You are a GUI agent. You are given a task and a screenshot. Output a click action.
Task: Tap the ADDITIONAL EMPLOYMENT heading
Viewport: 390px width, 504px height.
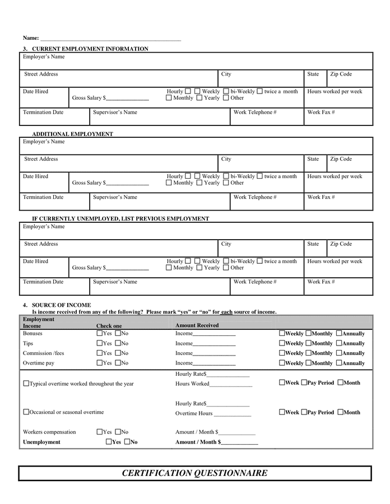pos(72,134)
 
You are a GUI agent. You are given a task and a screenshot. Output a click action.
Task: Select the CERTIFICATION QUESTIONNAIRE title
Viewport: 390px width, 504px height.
pos(194,473)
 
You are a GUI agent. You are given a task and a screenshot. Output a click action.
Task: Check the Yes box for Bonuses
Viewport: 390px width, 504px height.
pos(99,333)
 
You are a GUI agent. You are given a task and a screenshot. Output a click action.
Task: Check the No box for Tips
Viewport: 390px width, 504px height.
pos(118,343)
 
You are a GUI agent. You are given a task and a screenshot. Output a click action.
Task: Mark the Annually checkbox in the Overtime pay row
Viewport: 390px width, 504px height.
pos(339,363)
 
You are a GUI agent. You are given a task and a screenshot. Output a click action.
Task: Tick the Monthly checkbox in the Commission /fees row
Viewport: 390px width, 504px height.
pos(308,353)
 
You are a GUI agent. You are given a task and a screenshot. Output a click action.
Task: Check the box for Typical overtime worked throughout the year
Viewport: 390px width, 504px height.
pos(26,384)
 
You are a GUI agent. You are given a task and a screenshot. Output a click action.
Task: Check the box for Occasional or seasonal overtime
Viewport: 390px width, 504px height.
pos(26,412)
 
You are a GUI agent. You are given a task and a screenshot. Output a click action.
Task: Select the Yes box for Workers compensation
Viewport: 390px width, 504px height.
pos(99,432)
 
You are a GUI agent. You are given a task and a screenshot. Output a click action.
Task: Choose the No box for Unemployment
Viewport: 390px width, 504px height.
pos(127,442)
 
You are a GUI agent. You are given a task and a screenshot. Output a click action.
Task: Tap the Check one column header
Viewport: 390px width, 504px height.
pos(109,325)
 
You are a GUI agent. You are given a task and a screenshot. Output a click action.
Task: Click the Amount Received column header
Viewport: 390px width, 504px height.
pos(197,325)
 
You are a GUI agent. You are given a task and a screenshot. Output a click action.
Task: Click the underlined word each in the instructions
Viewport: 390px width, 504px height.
pos(226,312)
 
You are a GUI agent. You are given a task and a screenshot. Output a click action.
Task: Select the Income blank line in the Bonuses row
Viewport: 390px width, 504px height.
pos(214,334)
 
